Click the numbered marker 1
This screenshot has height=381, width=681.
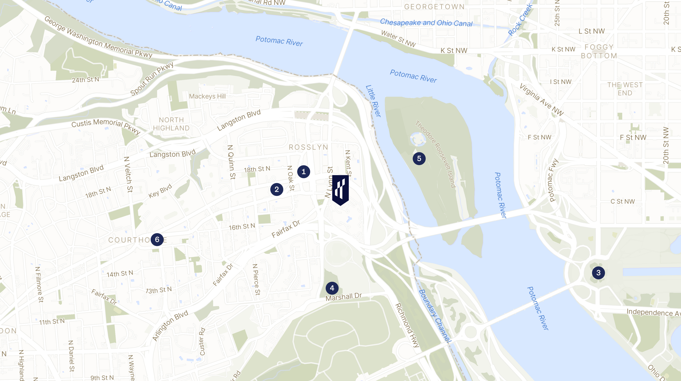pyautogui.click(x=304, y=172)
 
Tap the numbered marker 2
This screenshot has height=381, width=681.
pyautogui.click(x=277, y=190)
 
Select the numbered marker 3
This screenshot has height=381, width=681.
pyautogui.click(x=598, y=273)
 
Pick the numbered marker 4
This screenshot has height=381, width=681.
pyautogui.click(x=332, y=288)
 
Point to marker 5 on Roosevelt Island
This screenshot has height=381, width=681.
pyautogui.click(x=419, y=159)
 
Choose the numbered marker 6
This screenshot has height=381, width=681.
pyautogui.click(x=157, y=240)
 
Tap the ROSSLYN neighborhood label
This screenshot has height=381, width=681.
pyautogui.click(x=309, y=147)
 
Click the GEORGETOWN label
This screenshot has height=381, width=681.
pyautogui.click(x=434, y=7)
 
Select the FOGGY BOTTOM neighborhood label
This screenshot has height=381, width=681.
pyautogui.click(x=599, y=51)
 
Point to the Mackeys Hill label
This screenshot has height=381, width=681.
pyautogui.click(x=207, y=96)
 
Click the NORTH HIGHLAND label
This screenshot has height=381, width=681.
pyautogui.click(x=171, y=124)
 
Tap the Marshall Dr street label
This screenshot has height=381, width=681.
pyautogui.click(x=344, y=297)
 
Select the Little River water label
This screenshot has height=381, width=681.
pyautogui.click(x=373, y=101)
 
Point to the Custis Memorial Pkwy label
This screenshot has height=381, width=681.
pyautogui.click(x=106, y=126)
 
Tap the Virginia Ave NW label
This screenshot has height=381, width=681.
pyautogui.click(x=542, y=100)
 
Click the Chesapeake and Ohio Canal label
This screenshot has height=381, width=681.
pyautogui.click(x=426, y=23)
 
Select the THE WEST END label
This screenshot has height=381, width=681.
pyautogui.click(x=625, y=89)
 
